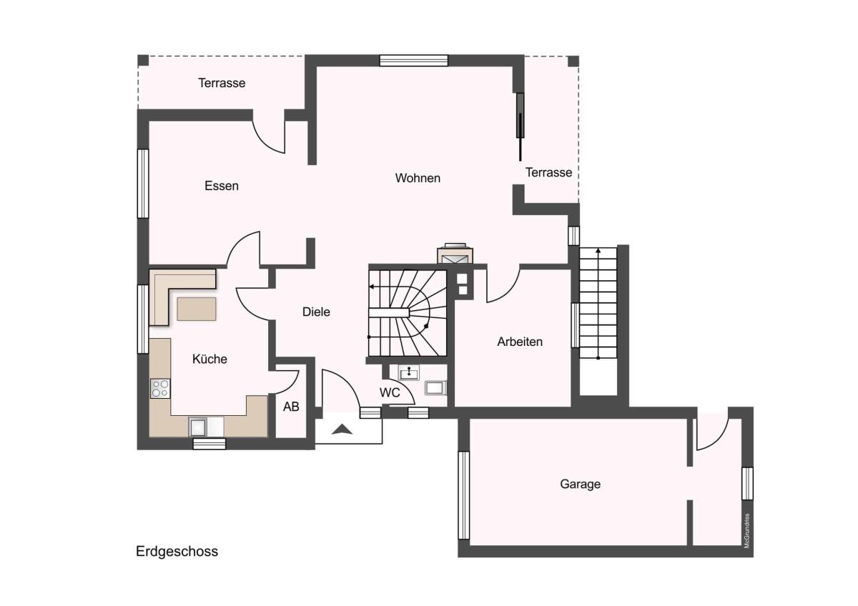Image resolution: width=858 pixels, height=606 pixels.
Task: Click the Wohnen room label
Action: point(418,178)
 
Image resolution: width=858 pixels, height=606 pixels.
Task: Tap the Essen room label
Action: point(222,186)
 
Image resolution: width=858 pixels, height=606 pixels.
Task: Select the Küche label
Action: point(209,359)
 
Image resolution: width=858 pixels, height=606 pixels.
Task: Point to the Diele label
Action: point(316,312)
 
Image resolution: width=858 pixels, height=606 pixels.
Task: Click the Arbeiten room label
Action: point(520,342)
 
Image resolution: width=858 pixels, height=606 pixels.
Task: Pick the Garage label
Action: point(580,484)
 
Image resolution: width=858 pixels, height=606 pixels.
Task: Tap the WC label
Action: point(390,392)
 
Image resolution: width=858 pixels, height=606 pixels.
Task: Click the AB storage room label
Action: point(291,407)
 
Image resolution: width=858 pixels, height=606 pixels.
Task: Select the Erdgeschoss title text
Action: point(177,552)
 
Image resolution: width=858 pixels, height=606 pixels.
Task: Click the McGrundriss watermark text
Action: point(746,530)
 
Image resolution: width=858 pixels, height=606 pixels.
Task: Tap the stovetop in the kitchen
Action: point(160,388)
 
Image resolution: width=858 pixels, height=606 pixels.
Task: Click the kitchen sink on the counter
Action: point(198,427)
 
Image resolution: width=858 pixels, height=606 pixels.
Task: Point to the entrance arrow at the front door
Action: point(342,429)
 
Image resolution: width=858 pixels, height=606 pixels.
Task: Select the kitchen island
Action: point(197,309)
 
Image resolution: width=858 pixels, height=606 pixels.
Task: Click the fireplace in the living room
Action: point(455,254)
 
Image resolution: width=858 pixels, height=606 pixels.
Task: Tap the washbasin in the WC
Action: point(409,372)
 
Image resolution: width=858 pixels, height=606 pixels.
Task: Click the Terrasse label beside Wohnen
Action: point(548,172)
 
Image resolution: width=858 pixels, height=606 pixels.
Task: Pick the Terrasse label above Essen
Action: point(222,83)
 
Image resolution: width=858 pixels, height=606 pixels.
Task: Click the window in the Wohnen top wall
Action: point(414,61)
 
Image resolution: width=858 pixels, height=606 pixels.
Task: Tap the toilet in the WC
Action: point(435,388)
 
